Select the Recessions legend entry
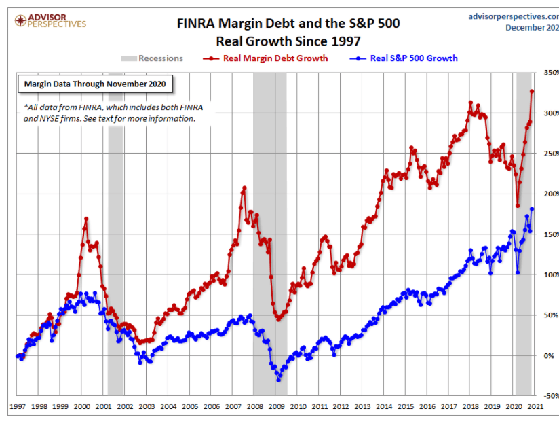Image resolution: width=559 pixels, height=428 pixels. coord(153,58)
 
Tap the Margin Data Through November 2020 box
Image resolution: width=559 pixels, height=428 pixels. coord(95,84)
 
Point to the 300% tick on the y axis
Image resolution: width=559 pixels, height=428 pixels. coord(548,113)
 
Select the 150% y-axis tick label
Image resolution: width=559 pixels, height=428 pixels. coord(548,234)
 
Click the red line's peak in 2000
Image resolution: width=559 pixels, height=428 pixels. coord(86,219)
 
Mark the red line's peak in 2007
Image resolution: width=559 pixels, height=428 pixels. coord(244,188)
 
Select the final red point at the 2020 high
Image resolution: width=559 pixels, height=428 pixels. coord(532,91)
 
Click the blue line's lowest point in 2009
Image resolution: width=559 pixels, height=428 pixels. coord(278,380)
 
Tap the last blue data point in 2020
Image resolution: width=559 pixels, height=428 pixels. coord(532,209)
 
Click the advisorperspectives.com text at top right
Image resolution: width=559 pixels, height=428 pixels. coord(513,15)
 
